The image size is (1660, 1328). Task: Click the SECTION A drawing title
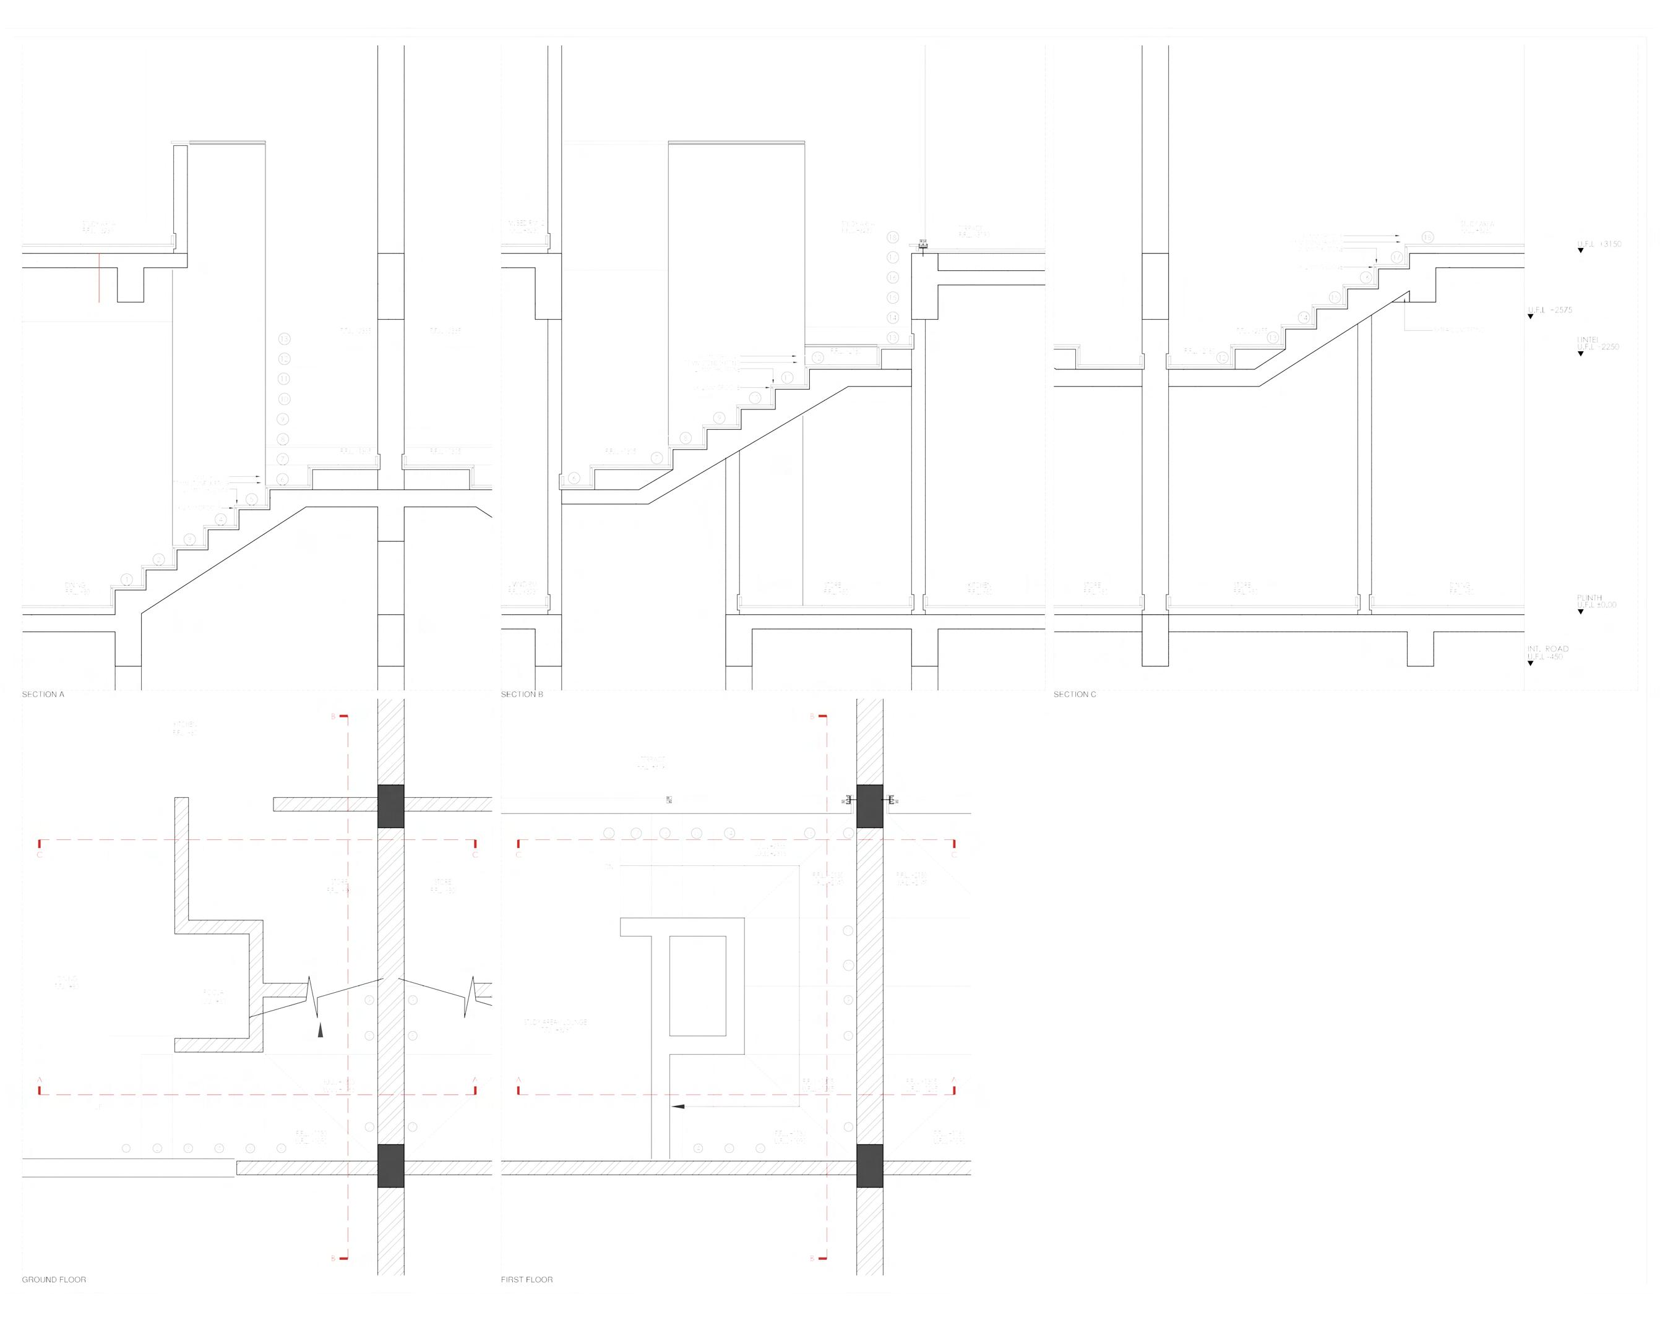click(x=43, y=695)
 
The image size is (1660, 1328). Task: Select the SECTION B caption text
click(x=522, y=695)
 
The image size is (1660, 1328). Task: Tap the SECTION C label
click(x=1075, y=695)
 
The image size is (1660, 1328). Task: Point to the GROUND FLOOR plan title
click(x=54, y=1280)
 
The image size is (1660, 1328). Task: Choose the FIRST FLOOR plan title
click(x=527, y=1280)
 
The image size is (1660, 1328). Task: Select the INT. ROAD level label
click(x=1547, y=649)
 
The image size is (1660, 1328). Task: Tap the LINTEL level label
click(x=1588, y=340)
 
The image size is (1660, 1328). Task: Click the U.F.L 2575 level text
click(x=1550, y=311)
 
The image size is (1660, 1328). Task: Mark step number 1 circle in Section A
click(x=126, y=579)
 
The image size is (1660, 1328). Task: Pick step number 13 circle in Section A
click(x=284, y=339)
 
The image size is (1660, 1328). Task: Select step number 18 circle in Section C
click(x=1428, y=237)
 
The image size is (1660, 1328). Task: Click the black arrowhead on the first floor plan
click(x=677, y=1107)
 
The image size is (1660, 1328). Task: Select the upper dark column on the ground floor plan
click(x=390, y=806)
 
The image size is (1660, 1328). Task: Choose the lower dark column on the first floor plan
click(x=869, y=1165)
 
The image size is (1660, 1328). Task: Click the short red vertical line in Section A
click(x=98, y=277)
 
